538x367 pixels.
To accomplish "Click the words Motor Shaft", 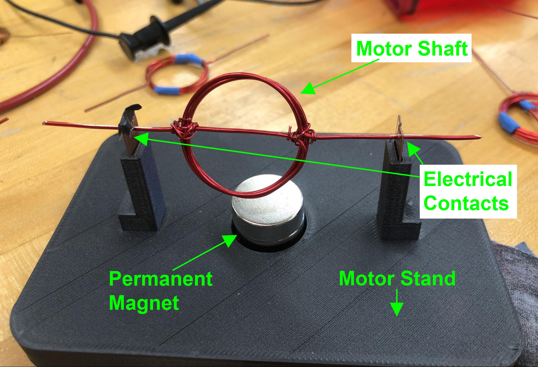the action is [411, 48].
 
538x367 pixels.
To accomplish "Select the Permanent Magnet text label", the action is [160, 291].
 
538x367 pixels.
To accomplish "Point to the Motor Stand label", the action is [397, 279].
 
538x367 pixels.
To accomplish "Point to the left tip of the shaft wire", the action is [45, 123].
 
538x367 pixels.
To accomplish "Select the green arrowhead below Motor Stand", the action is [397, 309].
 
